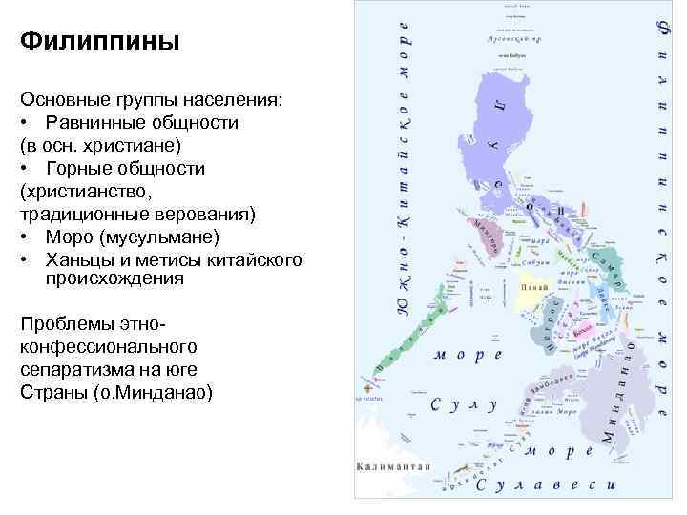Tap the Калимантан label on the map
click(393, 467)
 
